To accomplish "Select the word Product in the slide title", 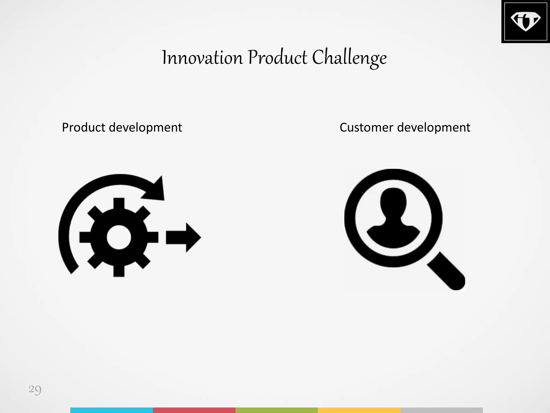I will click(277, 58).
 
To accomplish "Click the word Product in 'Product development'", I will click(83, 127).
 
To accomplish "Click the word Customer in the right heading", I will click(366, 127).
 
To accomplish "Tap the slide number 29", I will click(35, 389).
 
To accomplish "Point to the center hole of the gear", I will click(119, 237).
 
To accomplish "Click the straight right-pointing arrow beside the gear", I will click(183, 237).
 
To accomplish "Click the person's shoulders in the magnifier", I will click(393, 235).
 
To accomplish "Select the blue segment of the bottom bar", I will click(111, 410).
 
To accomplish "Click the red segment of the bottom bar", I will click(194, 410).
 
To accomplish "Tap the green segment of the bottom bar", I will click(277, 410).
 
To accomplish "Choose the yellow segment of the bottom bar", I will click(359, 410).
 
